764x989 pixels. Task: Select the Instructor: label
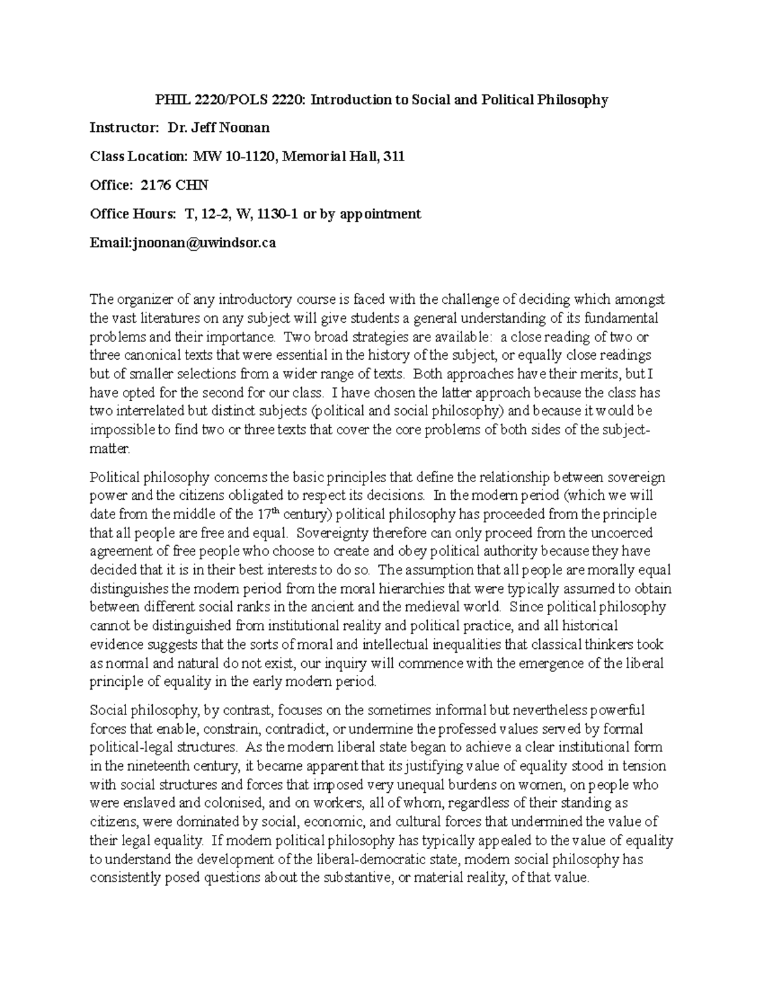click(x=123, y=128)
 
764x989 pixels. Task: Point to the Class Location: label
click(x=138, y=157)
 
